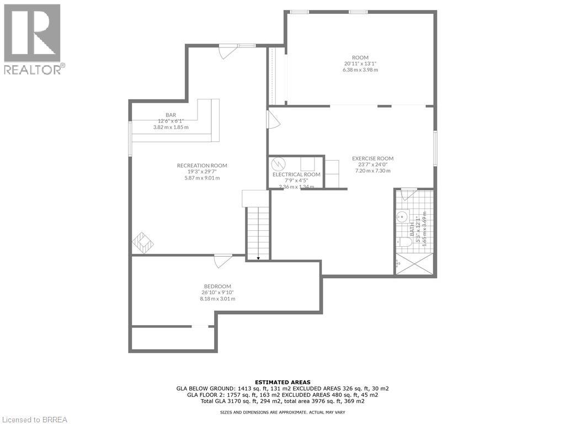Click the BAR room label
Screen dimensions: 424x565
pyautogui.click(x=170, y=115)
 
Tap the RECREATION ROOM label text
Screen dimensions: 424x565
pyautogui.click(x=202, y=166)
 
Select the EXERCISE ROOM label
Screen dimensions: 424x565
pyautogui.click(x=372, y=158)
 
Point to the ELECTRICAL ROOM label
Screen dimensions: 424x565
pyautogui.click(x=296, y=174)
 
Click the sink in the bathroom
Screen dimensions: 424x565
pyautogui.click(x=402, y=217)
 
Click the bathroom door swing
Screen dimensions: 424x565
pyautogui.click(x=409, y=194)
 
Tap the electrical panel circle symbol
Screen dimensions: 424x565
pyautogui.click(x=279, y=164)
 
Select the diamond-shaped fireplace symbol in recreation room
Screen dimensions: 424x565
pyautogui.click(x=143, y=241)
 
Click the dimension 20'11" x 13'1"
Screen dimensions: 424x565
pyautogui.click(x=360, y=63)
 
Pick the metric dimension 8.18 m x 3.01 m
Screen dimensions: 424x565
pyautogui.click(x=217, y=299)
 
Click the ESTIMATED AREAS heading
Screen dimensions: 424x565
pyautogui.click(x=282, y=382)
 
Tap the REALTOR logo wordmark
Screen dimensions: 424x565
pyautogui.click(x=33, y=69)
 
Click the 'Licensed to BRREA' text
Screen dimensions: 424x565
pyautogui.click(x=34, y=419)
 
